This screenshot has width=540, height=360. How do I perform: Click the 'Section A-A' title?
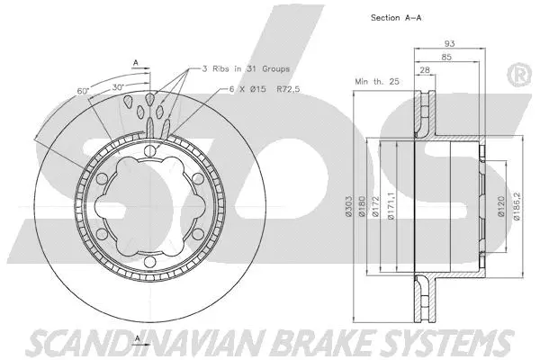[396, 18]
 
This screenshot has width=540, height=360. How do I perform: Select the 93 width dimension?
[449, 43]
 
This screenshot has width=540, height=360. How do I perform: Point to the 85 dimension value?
[446, 57]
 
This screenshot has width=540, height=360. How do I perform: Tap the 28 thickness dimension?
[425, 69]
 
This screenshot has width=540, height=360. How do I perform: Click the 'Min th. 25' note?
[377, 82]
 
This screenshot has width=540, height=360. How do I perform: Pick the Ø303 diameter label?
[348, 207]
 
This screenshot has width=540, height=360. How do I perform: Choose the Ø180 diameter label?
[362, 207]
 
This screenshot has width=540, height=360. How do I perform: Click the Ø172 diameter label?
[375, 207]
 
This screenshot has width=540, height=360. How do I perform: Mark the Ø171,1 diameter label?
[391, 206]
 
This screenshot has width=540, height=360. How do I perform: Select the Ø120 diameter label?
[501, 206]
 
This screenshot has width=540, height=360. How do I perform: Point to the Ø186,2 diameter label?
[517, 206]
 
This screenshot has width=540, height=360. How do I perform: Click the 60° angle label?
[83, 91]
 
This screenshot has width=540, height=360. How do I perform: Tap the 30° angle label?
[118, 87]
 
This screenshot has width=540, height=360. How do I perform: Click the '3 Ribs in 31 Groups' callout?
[246, 69]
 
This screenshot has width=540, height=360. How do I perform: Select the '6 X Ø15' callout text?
[247, 89]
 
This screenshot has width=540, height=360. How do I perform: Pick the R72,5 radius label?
[288, 89]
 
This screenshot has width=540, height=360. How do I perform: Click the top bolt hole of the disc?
[149, 151]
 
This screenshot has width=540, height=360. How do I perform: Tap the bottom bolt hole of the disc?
[149, 262]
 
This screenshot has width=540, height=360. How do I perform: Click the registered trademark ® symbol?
[518, 75]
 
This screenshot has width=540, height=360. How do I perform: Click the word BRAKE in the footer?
[326, 342]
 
